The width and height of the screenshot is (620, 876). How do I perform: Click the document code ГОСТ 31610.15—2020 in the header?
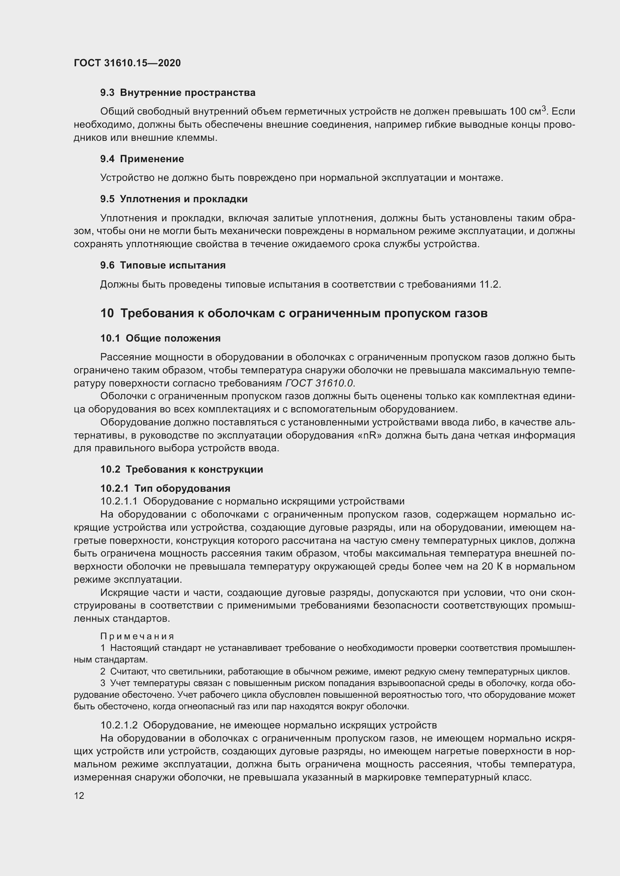tap(127, 63)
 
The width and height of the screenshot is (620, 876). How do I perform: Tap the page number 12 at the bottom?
tap(79, 795)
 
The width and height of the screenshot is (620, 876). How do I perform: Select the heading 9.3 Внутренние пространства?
tap(178, 93)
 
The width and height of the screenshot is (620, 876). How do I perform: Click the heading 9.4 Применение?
tap(142, 159)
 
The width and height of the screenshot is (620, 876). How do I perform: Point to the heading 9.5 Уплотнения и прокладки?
tap(174, 199)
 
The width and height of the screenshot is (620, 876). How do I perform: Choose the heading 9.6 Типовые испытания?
tap(163, 265)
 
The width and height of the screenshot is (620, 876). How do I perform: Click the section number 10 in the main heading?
tap(107, 313)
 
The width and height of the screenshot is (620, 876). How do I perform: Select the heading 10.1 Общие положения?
tap(160, 339)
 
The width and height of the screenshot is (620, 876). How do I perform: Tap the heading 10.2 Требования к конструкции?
tap(182, 469)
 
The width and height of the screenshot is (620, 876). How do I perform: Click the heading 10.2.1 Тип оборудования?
tap(165, 488)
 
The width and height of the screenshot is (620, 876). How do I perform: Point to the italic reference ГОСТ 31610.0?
tap(319, 384)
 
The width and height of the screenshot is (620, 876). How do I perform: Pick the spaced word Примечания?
tap(137, 636)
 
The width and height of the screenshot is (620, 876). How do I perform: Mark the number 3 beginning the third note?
tap(103, 683)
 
